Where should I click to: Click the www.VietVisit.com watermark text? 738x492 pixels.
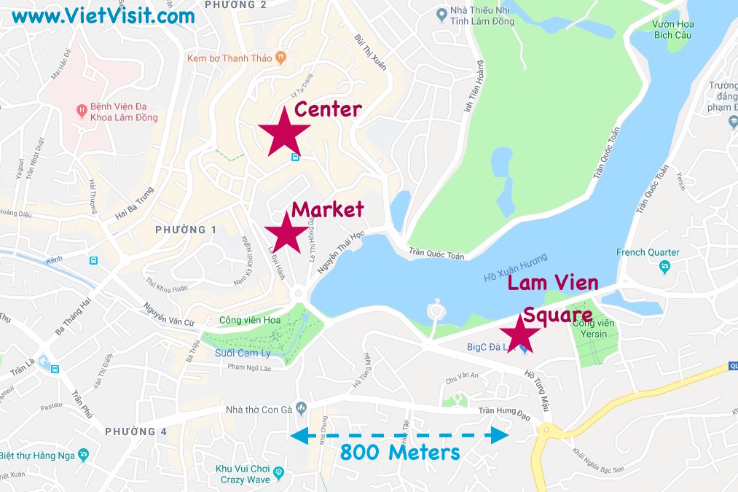click(x=103, y=15)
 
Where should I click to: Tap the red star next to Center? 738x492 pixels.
click(x=284, y=131)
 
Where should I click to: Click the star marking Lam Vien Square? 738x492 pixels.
click(x=520, y=335)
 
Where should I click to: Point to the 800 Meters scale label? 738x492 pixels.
click(x=400, y=452)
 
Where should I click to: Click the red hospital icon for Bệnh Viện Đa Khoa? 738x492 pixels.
click(x=82, y=112)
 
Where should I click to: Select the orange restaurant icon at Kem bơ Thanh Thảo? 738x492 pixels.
click(x=280, y=56)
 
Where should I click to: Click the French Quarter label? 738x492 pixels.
click(x=648, y=252)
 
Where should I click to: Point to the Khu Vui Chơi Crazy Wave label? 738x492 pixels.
click(x=243, y=474)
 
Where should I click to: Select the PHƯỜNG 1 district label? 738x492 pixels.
click(x=186, y=230)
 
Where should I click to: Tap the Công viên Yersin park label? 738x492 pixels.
click(x=597, y=329)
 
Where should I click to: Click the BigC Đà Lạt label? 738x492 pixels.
click(x=492, y=347)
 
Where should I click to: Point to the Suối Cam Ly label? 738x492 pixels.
click(x=243, y=353)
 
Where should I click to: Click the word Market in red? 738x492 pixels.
click(x=327, y=210)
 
